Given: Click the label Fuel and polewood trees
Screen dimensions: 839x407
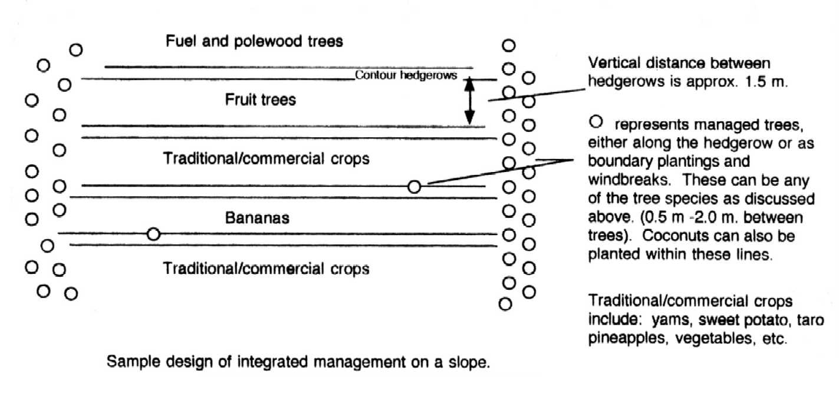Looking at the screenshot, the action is pos(254,41).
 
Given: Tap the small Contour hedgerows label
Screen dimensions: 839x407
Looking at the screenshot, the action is pos(406,75).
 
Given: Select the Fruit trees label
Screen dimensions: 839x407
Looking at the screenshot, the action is pos(261,100).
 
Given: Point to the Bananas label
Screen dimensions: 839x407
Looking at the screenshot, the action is pos(257,218).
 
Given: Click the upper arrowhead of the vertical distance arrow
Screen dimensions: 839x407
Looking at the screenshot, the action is pos(469,84).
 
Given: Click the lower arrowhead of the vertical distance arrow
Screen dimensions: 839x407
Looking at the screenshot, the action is pos(469,118).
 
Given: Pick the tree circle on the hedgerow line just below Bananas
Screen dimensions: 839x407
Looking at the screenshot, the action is pos(153,234).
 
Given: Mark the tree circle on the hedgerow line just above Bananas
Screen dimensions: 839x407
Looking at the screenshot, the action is pos(414,186).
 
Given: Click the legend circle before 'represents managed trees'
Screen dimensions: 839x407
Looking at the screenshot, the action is pos(596,121).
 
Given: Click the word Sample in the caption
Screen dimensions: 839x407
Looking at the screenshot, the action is pos(133,362).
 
